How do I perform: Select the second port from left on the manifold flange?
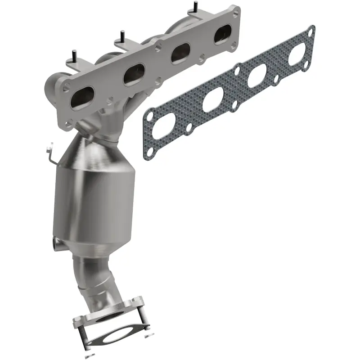pos(134,73)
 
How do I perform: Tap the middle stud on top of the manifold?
pos(122,36)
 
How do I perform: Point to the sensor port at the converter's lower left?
pos(58,243)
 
